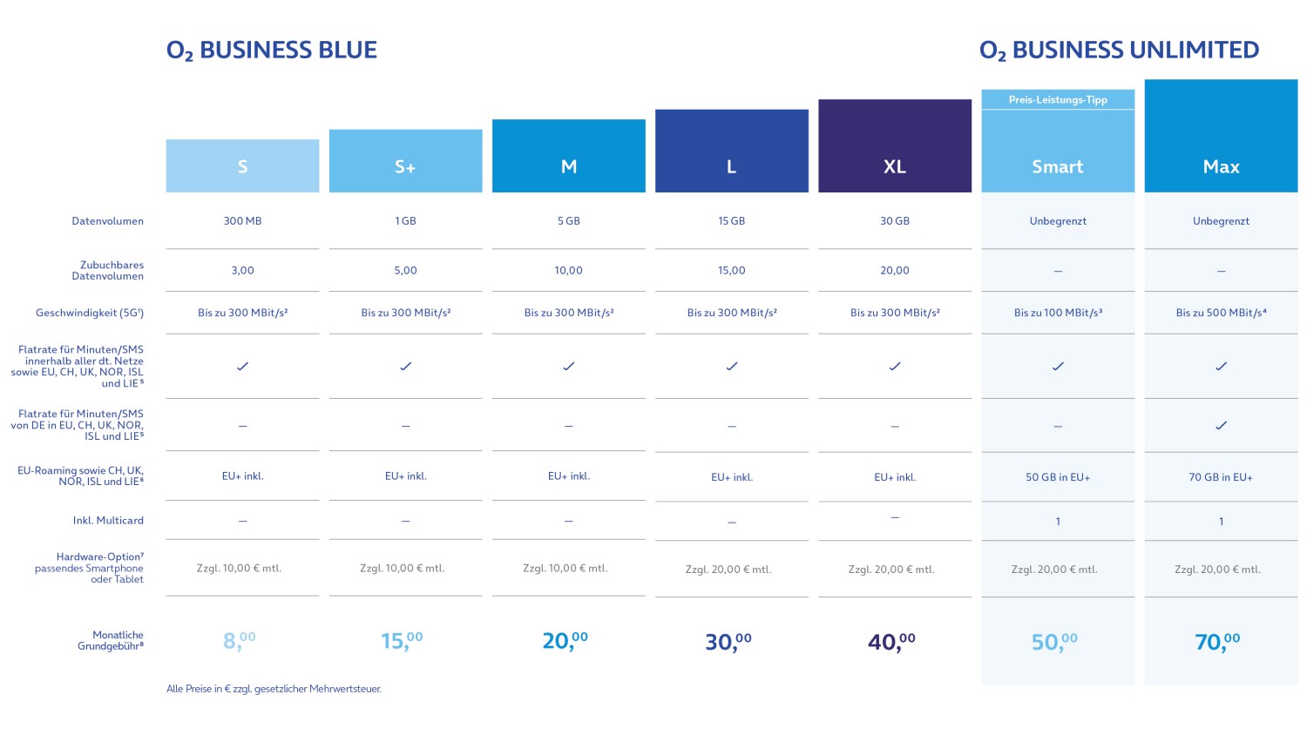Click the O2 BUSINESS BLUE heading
pyautogui.click(x=271, y=51)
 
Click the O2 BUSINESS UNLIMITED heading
pyautogui.click(x=1119, y=51)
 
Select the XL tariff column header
pyautogui.click(x=894, y=166)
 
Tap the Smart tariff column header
pyautogui.click(x=1057, y=166)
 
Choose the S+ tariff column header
pyautogui.click(x=405, y=166)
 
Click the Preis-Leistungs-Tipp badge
pyautogui.click(x=1057, y=99)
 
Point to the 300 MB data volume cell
pyautogui.click(x=242, y=221)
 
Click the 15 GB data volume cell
pyautogui.click(x=731, y=221)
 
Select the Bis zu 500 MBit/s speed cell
pyautogui.click(x=1220, y=313)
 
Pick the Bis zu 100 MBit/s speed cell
pyautogui.click(x=1057, y=313)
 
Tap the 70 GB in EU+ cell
pyautogui.click(x=1220, y=477)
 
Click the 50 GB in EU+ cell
pyautogui.click(x=1057, y=477)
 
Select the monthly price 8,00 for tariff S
pyautogui.click(x=240, y=641)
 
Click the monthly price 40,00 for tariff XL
pyautogui.click(x=891, y=642)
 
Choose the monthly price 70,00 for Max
pyautogui.click(x=1217, y=642)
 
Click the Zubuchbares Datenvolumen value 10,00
pyautogui.click(x=568, y=271)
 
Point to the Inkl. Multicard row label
pyautogui.click(x=108, y=521)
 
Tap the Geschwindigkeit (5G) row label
pyautogui.click(x=90, y=313)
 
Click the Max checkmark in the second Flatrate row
pyautogui.click(x=1221, y=426)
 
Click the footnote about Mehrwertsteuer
pyautogui.click(x=274, y=689)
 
